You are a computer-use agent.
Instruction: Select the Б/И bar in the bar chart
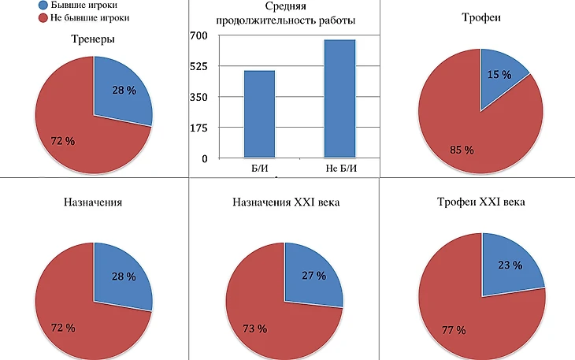click(x=259, y=114)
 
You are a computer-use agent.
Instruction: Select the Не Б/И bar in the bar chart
click(x=339, y=98)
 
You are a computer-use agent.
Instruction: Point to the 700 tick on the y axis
click(x=198, y=35)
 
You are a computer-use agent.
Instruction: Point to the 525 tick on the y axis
click(x=198, y=66)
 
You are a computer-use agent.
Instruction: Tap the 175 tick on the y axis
click(x=198, y=128)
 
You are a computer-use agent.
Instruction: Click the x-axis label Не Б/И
click(x=339, y=168)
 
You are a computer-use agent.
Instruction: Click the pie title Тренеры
click(x=93, y=39)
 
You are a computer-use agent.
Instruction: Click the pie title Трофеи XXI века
click(x=482, y=203)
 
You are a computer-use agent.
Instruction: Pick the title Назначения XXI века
click(x=284, y=203)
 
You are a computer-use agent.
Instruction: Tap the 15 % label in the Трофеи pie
click(x=498, y=74)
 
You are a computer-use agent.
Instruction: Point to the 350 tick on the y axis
click(x=198, y=97)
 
